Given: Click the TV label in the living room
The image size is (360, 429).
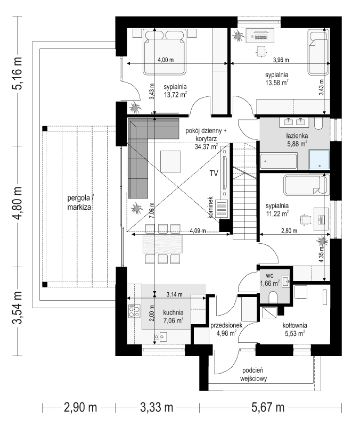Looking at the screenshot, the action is pyautogui.click(x=214, y=174).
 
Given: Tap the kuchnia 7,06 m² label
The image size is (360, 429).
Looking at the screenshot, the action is pyautogui.click(x=173, y=317).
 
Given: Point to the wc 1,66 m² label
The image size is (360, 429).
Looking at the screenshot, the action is pyautogui.click(x=269, y=279).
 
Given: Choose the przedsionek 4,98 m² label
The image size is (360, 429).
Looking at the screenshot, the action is pyautogui.click(x=226, y=329).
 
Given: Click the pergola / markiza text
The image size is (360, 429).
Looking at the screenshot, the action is pyautogui.click(x=80, y=202).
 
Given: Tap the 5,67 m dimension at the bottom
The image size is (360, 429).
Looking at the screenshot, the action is pyautogui.click(x=268, y=408).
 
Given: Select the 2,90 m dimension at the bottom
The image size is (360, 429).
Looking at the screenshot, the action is pyautogui.click(x=80, y=408).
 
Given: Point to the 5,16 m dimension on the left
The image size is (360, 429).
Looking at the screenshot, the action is pyautogui.click(x=17, y=73).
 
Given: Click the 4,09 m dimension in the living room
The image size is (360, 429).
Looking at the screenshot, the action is pyautogui.click(x=198, y=231).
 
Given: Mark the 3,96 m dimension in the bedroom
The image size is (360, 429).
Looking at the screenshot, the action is pyautogui.click(x=281, y=60).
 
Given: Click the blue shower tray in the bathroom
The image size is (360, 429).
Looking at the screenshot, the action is pyautogui.click(x=319, y=160).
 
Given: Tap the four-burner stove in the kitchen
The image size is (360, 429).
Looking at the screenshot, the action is pyautogui.click(x=134, y=311).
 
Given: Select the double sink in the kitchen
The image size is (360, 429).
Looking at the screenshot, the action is pyautogui.click(x=160, y=336).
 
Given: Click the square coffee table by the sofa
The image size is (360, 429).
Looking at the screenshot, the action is pyautogui.click(x=170, y=161).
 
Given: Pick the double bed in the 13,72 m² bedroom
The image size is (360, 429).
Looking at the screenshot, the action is pyautogui.click(x=164, y=52).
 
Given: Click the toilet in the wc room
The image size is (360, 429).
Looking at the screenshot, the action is pyautogui.click(x=274, y=298).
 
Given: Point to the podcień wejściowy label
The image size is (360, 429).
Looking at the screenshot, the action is pyautogui.click(x=253, y=375).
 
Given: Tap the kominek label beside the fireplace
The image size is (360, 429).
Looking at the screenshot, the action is pyautogui.click(x=210, y=207).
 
